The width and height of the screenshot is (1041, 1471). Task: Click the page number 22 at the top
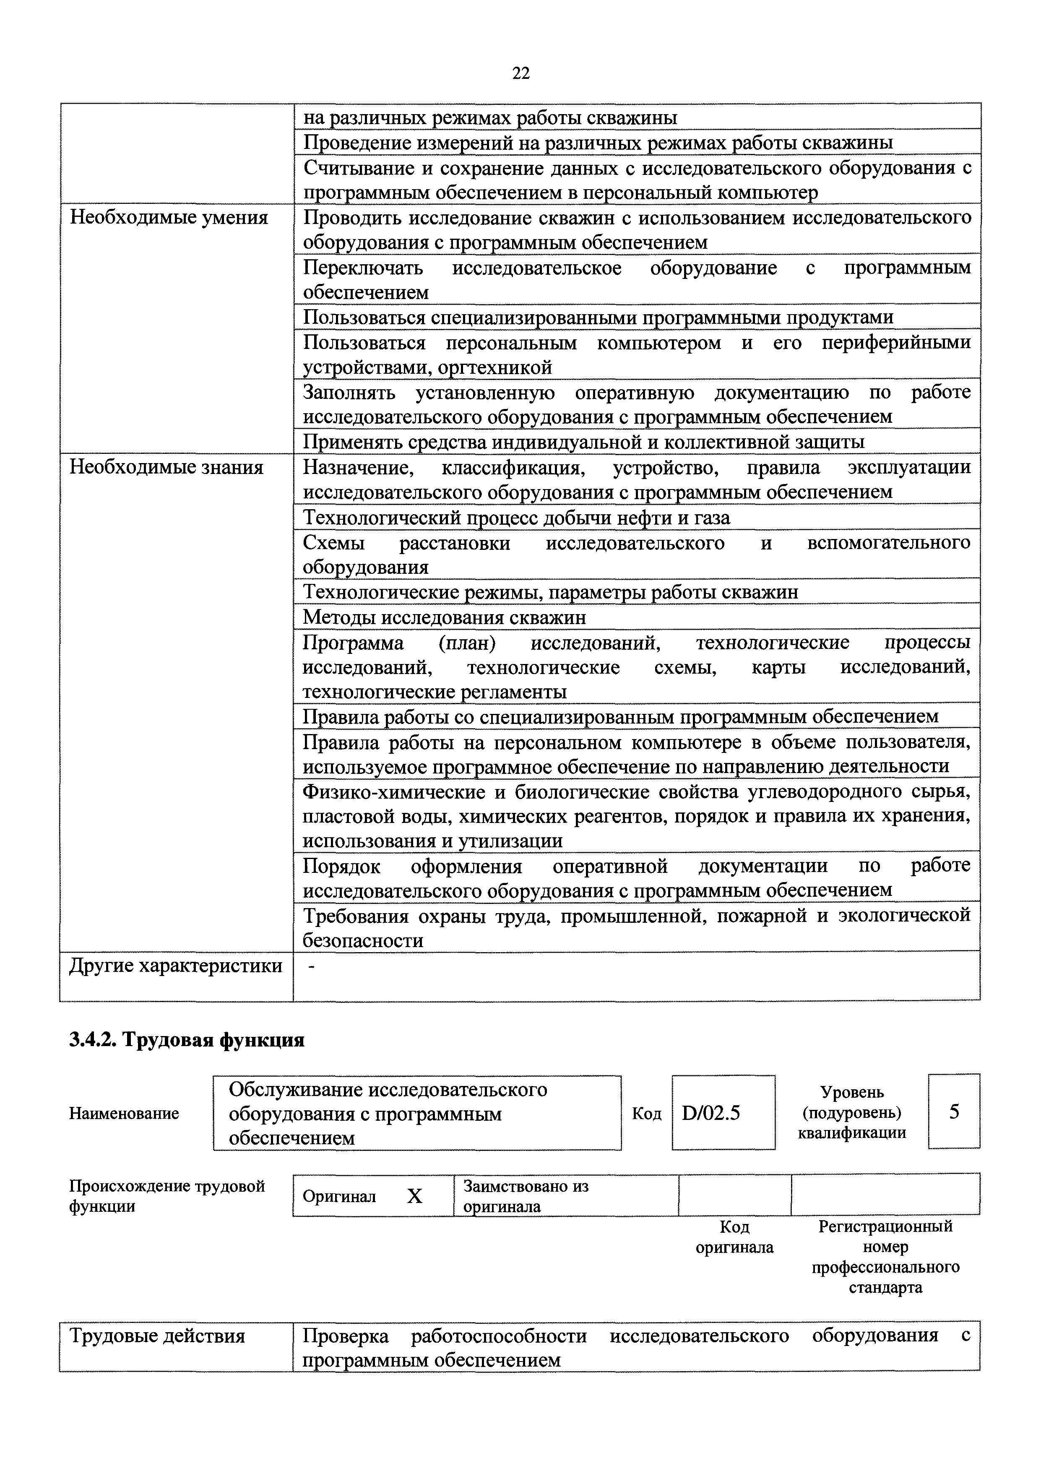(x=520, y=73)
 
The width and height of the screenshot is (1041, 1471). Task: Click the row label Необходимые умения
(x=168, y=218)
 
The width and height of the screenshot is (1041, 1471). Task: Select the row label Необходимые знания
(x=166, y=467)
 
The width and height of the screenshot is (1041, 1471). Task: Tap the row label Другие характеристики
(x=175, y=965)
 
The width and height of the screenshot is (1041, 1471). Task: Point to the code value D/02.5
(x=711, y=1113)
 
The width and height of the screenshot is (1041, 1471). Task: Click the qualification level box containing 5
(x=954, y=1112)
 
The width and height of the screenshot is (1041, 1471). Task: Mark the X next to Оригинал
(x=415, y=1196)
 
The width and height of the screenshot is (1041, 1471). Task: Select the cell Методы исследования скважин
(x=444, y=617)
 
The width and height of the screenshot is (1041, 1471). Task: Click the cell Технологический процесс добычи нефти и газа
(x=516, y=517)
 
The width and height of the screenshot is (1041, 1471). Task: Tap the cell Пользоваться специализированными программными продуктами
(x=597, y=317)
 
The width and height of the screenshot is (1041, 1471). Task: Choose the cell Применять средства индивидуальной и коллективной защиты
(x=583, y=442)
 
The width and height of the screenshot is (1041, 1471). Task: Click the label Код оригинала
(x=734, y=1237)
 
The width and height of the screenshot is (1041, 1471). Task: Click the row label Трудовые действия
(x=157, y=1336)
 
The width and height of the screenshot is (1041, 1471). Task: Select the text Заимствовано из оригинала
(x=525, y=1196)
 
